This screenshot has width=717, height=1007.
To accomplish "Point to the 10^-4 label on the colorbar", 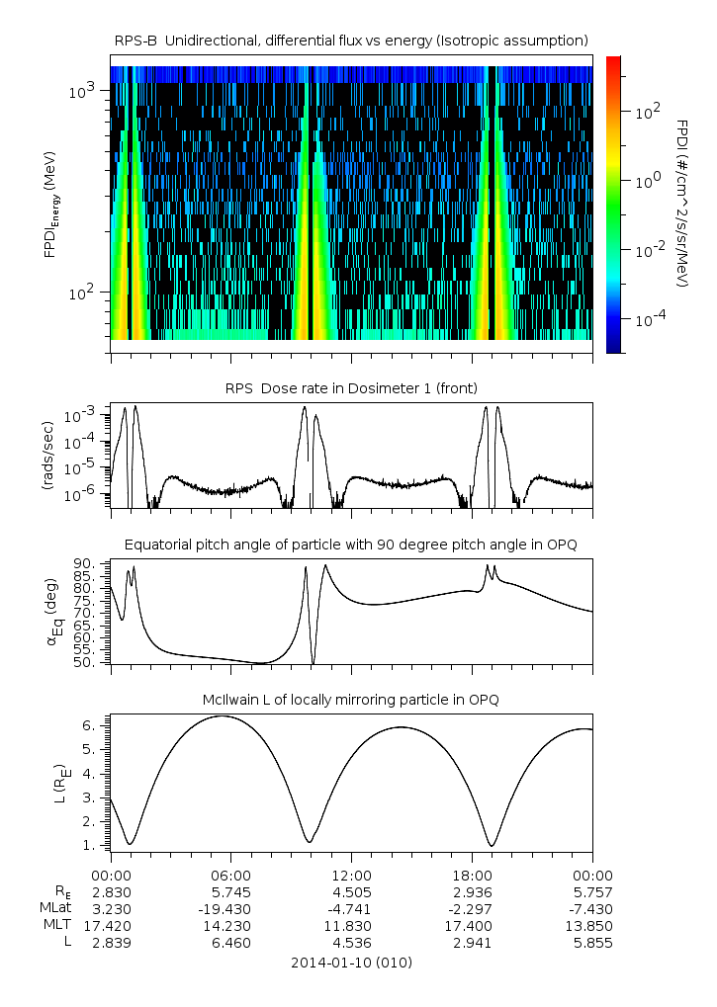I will (x=648, y=321).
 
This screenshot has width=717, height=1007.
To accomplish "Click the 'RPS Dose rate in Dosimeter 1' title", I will (x=351, y=387).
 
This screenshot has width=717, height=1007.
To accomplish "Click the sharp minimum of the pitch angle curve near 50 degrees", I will (x=314, y=663).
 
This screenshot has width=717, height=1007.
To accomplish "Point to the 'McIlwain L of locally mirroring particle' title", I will (x=351, y=700).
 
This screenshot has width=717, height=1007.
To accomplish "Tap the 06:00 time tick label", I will (x=231, y=875).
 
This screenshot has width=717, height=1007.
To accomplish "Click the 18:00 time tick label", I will (x=472, y=875).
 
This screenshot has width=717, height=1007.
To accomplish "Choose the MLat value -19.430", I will (x=231, y=908).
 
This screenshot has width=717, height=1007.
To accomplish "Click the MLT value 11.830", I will (x=351, y=926).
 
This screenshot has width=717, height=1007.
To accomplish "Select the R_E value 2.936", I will (x=472, y=891).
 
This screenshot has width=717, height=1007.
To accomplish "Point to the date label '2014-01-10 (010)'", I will (x=351, y=963).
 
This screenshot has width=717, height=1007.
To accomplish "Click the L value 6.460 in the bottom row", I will (x=231, y=943).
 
